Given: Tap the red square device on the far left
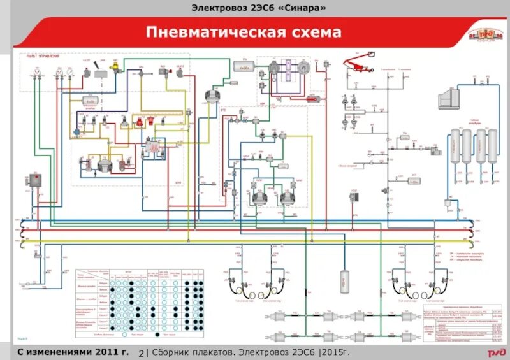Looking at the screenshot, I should click(x=33, y=180).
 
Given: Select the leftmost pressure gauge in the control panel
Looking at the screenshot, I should click(x=39, y=73).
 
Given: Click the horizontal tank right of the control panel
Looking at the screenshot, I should click(x=243, y=66).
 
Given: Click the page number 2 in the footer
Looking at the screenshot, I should click(x=141, y=352).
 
